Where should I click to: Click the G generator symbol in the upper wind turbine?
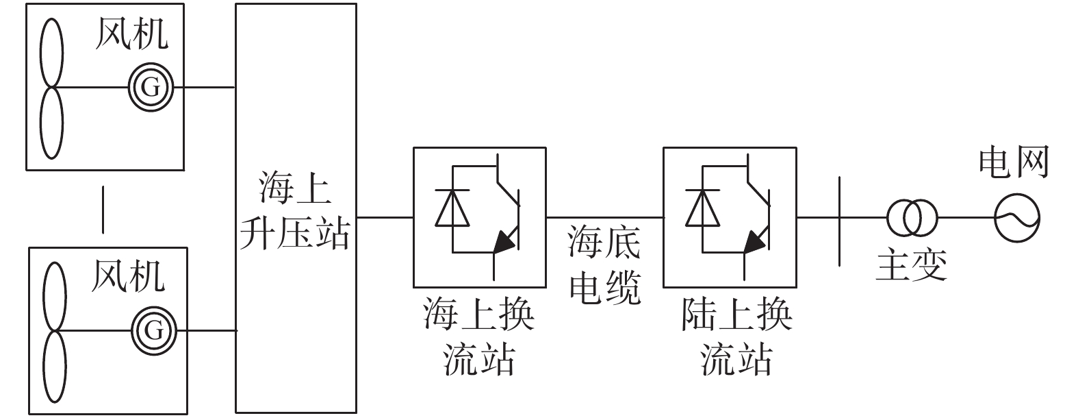(151, 87)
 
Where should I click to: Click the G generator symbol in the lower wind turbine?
(154, 331)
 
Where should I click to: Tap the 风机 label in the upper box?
(132, 34)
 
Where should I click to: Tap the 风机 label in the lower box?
(129, 276)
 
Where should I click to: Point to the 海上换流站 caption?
(479, 336)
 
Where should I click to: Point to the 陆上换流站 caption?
(736, 336)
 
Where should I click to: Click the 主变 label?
(912, 265)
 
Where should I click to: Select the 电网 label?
(1014, 162)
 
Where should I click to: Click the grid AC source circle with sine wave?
(1017, 218)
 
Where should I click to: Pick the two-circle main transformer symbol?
(912, 218)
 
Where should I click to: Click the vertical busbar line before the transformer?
(840, 221)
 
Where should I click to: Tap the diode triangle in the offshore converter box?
(452, 208)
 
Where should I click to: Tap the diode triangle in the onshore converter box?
(703, 208)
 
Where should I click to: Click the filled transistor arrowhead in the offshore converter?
(504, 241)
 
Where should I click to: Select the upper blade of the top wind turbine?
(51, 53)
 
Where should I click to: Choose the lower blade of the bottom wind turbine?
(55, 367)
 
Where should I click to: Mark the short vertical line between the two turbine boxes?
(103, 210)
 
